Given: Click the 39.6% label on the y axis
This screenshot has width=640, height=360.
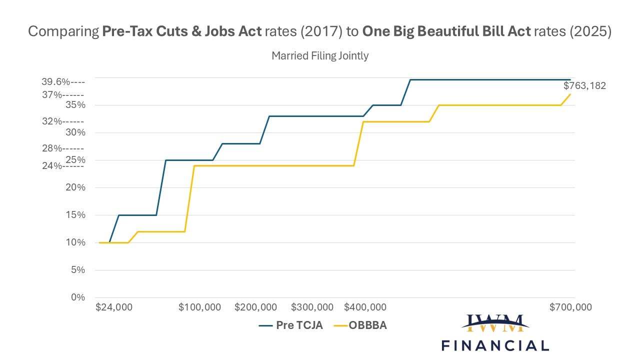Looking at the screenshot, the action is click(56, 82).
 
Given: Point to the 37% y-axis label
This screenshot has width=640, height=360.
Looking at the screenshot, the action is click(52, 95).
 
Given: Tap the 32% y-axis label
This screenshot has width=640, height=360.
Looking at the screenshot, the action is click(52, 121).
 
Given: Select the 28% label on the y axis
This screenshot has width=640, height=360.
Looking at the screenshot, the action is click(52, 148).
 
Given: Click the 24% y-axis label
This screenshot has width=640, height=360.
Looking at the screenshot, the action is click(52, 165).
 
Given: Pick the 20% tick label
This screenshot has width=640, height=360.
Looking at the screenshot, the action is click(75, 187).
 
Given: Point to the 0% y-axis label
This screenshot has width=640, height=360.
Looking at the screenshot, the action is click(78, 297).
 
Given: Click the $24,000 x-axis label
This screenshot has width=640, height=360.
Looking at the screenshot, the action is click(114, 307).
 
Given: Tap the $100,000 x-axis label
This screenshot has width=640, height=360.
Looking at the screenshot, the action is click(199, 307).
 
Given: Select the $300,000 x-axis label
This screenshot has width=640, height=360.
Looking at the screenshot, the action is click(312, 307).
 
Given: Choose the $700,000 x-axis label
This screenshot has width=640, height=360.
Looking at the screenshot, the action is click(570, 307).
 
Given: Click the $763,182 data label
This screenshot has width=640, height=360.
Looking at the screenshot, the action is click(584, 85).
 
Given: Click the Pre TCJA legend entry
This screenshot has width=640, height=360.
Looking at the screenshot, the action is click(291, 325).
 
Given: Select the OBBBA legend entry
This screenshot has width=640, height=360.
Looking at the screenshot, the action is click(360, 325).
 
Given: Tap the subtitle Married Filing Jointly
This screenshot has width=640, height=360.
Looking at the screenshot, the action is click(320, 55).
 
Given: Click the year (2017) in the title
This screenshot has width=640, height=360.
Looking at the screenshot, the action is click(321, 31).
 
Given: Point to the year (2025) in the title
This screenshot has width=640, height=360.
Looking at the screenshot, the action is click(590, 31).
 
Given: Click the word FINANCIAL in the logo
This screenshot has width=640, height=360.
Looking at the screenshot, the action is click(495, 345).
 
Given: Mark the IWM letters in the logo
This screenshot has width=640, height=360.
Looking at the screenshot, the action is click(495, 323).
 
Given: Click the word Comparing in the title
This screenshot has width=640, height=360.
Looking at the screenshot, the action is click(63, 31).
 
